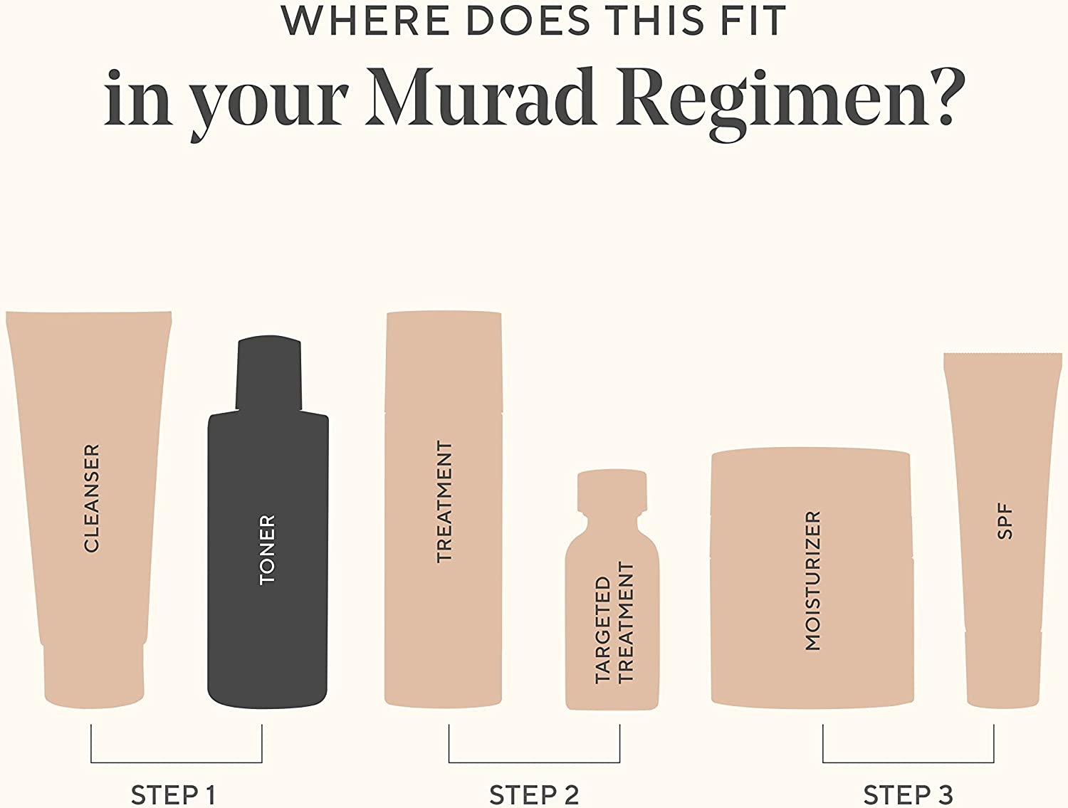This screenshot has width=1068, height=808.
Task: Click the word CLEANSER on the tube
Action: pos(92,498)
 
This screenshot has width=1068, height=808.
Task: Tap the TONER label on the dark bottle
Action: pos(267,550)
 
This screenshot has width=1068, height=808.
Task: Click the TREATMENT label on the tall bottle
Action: pos(444,502)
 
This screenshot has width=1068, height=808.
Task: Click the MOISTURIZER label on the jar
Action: pos(812,580)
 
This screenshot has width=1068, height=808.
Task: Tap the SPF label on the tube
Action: pos(1005,522)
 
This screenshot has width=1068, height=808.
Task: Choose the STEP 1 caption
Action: pos(173,794)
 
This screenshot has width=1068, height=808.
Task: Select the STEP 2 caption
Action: pos(534,794)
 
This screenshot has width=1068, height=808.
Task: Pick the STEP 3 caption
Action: pos(908,794)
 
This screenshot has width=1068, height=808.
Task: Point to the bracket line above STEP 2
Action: pos(534,762)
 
